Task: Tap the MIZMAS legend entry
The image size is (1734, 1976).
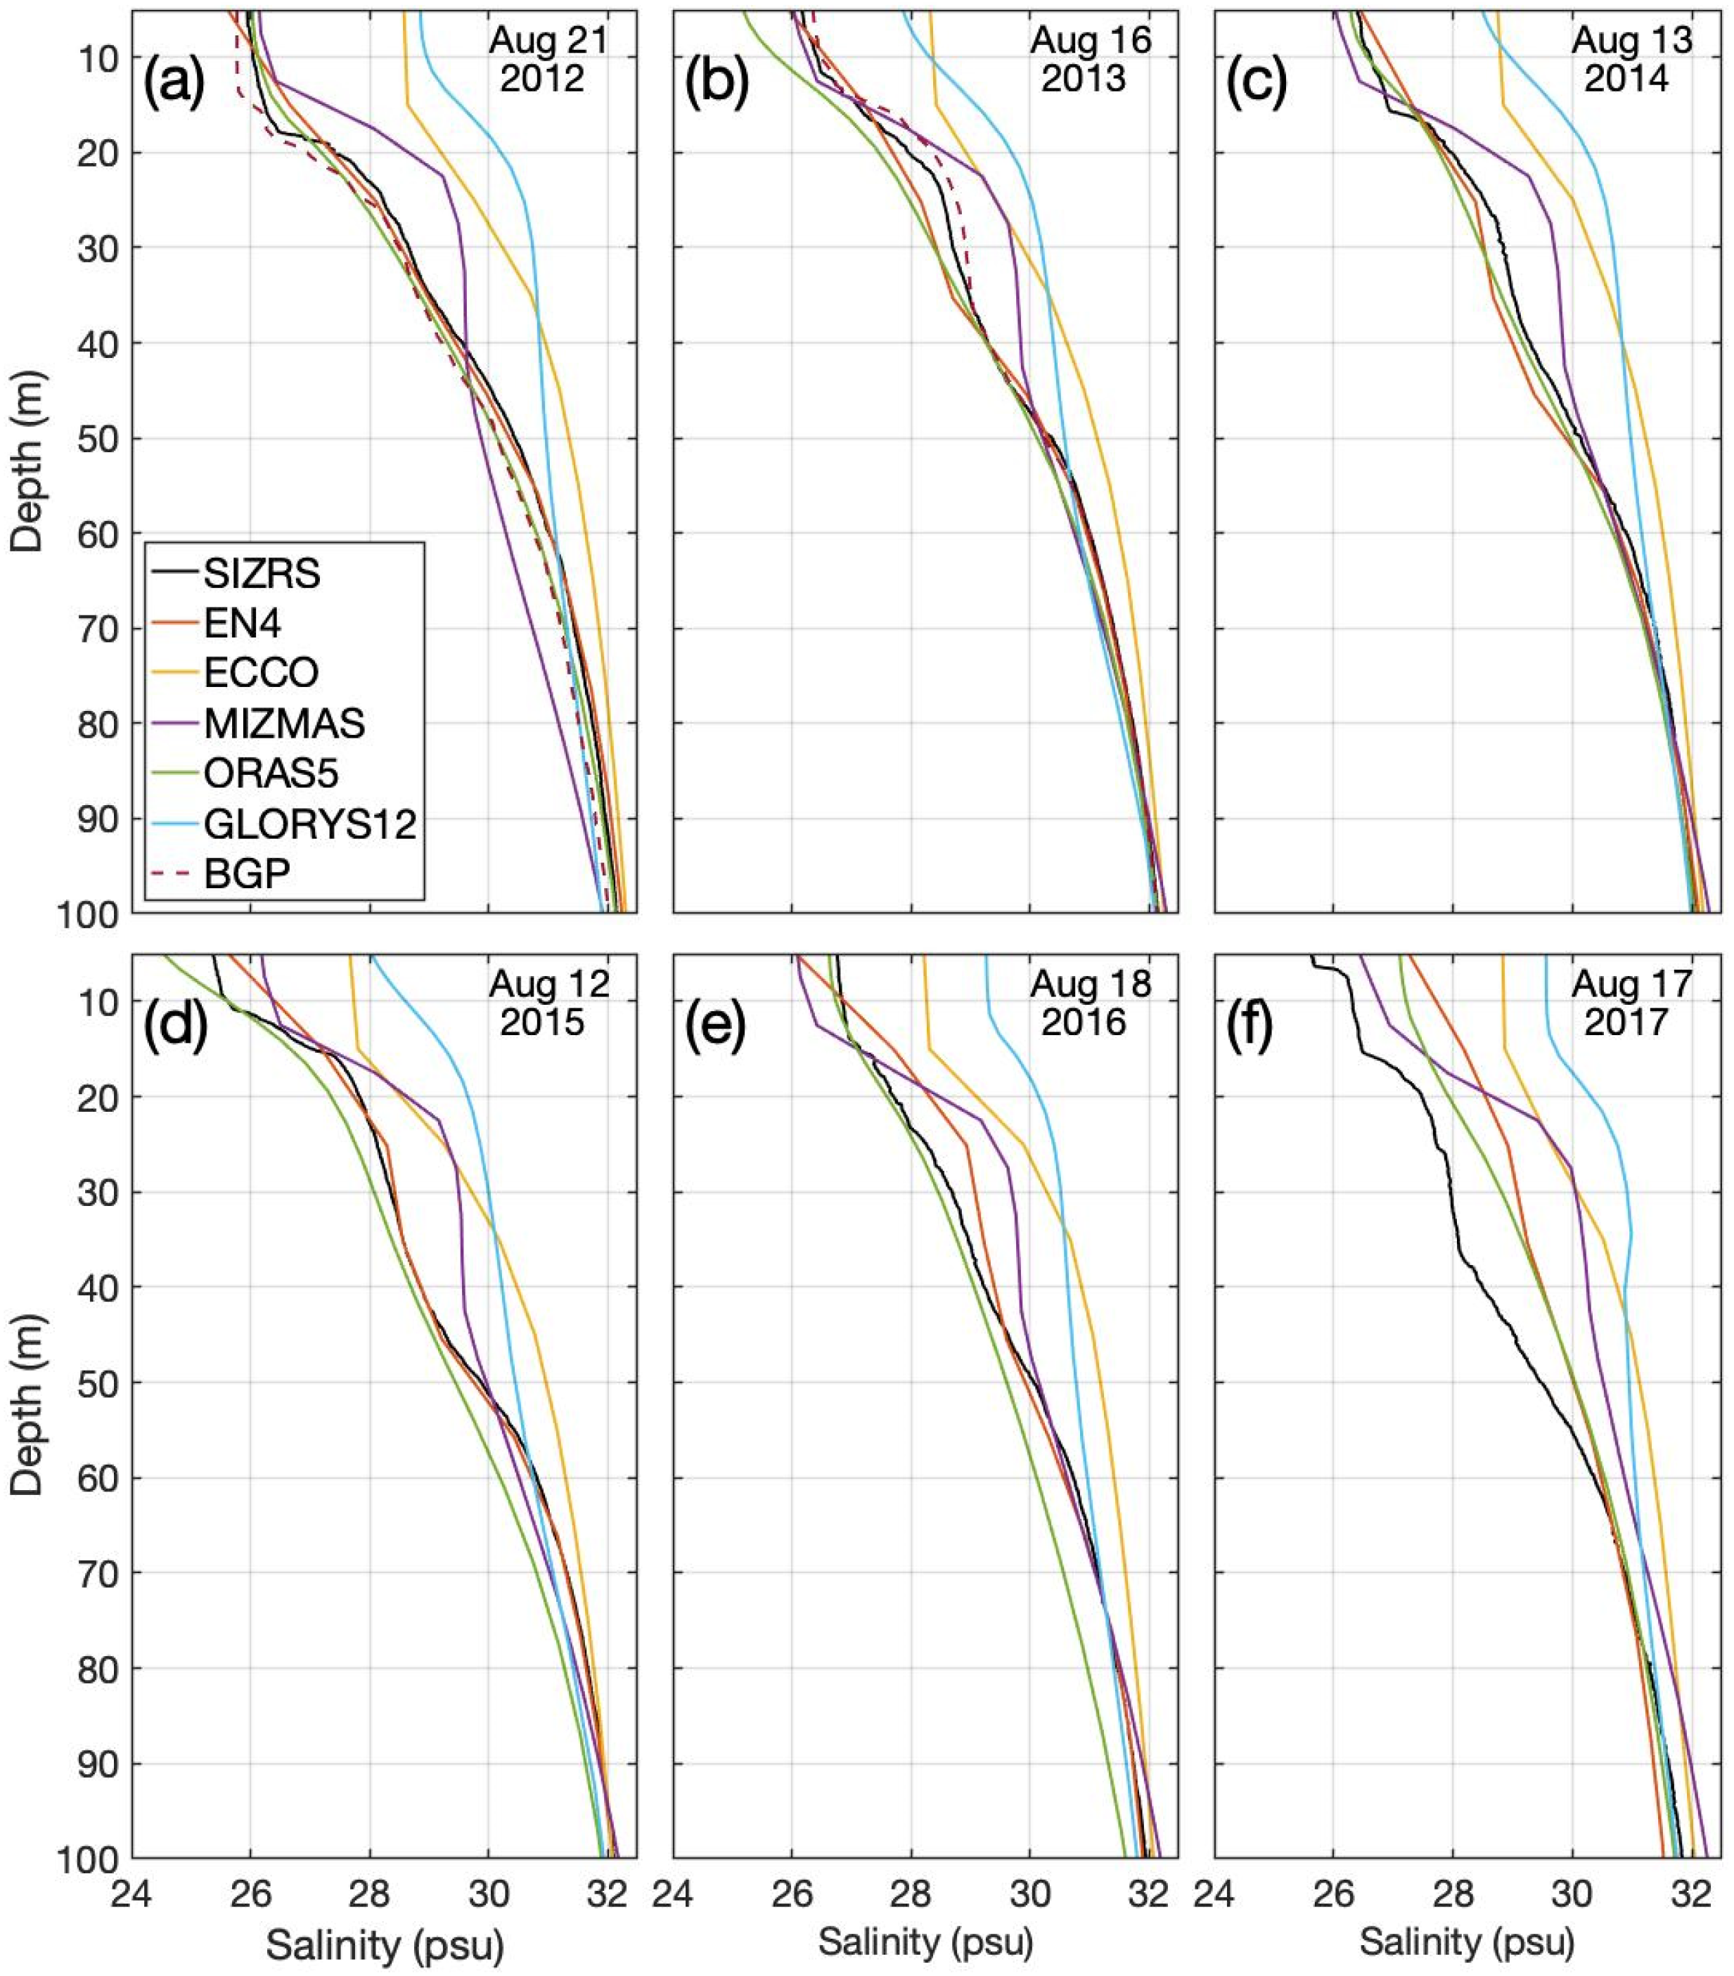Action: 283,723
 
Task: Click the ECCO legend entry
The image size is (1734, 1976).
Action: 260,673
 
